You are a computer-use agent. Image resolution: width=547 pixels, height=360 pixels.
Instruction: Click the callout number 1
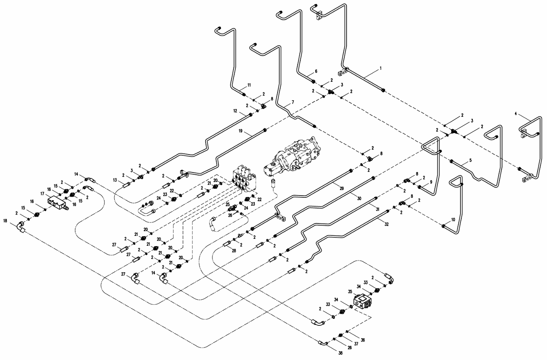[x=380, y=68]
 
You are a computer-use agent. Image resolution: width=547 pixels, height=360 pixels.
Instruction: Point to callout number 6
[x=316, y=71]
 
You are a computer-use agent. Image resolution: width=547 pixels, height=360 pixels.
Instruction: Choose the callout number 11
[x=248, y=85]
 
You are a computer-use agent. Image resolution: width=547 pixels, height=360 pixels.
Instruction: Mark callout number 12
[x=235, y=111]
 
